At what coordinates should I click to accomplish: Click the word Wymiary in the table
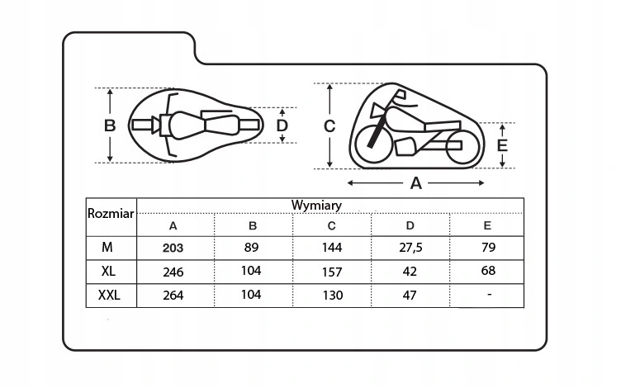tap(316, 206)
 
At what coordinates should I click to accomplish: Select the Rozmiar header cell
tap(111, 214)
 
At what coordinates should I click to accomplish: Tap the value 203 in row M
tap(173, 248)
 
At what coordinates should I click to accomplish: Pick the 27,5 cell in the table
tap(410, 248)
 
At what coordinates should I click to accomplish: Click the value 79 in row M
tap(488, 248)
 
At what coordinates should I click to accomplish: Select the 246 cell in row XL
tap(173, 272)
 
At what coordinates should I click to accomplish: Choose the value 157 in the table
tap(332, 272)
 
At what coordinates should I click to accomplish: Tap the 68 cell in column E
tap(488, 271)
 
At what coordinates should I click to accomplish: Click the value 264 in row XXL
tap(173, 296)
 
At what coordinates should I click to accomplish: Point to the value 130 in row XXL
tap(332, 296)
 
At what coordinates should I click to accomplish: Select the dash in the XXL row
tap(490, 294)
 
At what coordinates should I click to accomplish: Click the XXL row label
tap(109, 296)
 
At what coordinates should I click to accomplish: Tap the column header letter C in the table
tap(331, 226)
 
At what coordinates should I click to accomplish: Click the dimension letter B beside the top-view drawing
tap(110, 126)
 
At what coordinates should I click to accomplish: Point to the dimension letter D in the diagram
tap(282, 126)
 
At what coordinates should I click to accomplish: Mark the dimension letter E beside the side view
tap(502, 145)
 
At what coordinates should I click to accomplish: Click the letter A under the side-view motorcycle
tap(416, 183)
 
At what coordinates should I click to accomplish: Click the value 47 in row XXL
tap(410, 296)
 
